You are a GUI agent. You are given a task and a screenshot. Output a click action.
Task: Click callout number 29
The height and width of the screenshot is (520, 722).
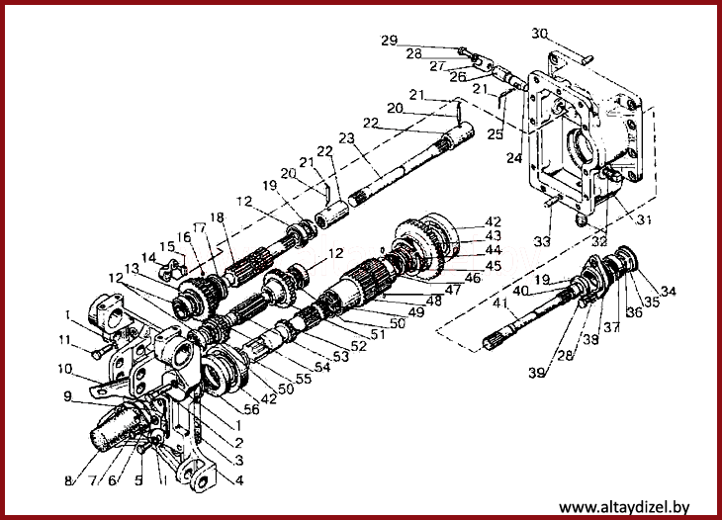coord(389,41)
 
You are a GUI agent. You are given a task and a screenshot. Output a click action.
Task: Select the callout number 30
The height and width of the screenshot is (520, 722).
coord(538,33)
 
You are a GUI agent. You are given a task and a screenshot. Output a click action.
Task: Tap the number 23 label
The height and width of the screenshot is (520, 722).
coord(346,138)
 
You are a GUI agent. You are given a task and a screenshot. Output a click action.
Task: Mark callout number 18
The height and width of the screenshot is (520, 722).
coord(217,217)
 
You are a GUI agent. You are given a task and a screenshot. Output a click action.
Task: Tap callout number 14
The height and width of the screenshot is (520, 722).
coord(147,259)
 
